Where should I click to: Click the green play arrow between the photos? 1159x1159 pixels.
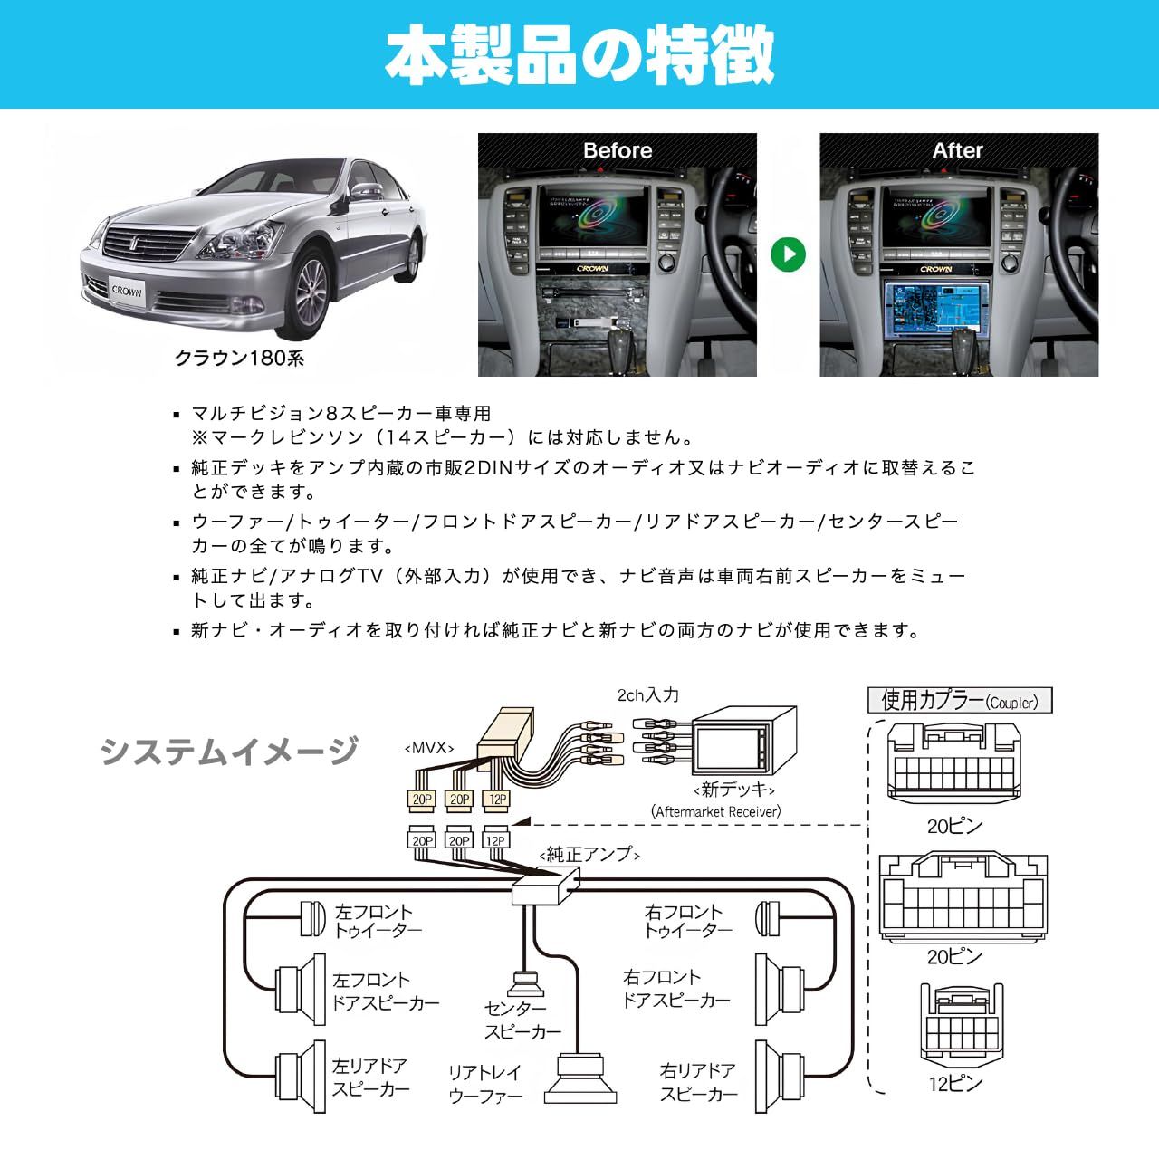(x=788, y=254)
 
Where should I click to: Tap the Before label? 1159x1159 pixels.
(x=618, y=150)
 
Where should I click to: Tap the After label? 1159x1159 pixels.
(x=957, y=150)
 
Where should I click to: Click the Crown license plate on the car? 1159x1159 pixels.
(x=127, y=292)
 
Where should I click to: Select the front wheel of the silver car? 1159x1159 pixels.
(x=311, y=296)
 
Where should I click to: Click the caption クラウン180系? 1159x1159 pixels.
(x=239, y=358)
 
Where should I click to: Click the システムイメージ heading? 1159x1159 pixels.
(x=229, y=751)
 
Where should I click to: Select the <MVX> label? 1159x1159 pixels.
(x=428, y=748)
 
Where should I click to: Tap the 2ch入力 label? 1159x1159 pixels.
(x=647, y=695)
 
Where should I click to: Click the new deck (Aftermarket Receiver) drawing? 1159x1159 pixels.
(x=742, y=741)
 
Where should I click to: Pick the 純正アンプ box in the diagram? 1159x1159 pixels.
(x=545, y=885)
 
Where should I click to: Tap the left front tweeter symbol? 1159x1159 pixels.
(x=312, y=919)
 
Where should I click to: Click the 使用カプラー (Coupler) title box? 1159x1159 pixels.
(x=960, y=701)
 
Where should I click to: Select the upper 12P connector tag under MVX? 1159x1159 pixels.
(x=497, y=799)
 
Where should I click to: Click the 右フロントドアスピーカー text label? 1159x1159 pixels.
(x=675, y=989)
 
